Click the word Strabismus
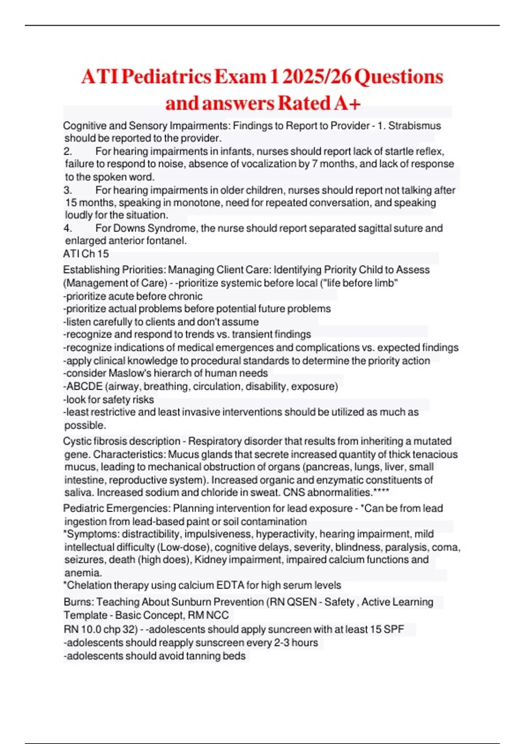415,126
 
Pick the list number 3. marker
67,190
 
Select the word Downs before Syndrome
129,228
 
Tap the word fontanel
168,241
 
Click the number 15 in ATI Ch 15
103,254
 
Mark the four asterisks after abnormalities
381,492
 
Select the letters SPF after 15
394,629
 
